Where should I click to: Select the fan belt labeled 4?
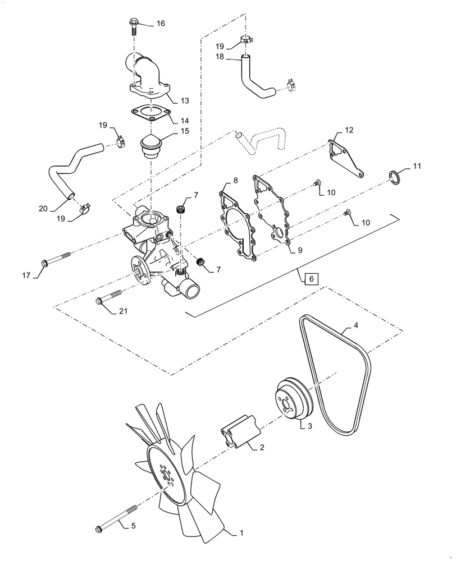pos(337,381)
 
